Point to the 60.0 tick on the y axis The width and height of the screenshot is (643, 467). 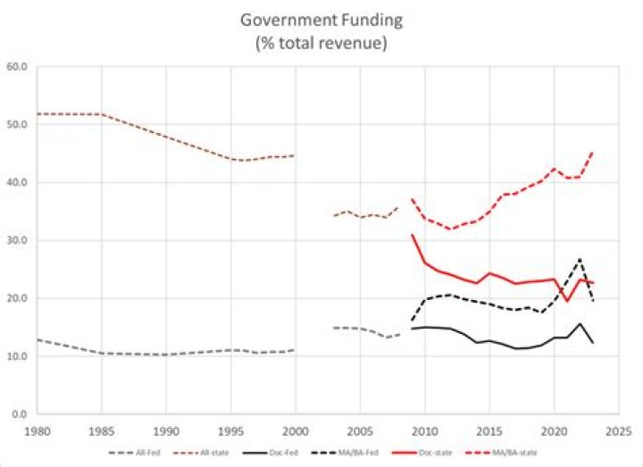[18, 67]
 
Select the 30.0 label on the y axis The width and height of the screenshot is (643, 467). [18, 241]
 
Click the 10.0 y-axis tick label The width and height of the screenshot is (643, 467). [18, 356]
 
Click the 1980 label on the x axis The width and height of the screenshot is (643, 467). [37, 429]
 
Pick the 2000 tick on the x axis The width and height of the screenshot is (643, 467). [296, 429]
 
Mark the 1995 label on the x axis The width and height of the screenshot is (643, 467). [230, 429]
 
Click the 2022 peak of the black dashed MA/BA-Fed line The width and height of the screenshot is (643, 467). [580, 259]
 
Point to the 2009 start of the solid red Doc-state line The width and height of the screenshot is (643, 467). [412, 235]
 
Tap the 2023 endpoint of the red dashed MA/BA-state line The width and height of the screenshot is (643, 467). [593, 152]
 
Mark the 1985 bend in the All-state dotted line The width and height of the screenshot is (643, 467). [101, 114]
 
